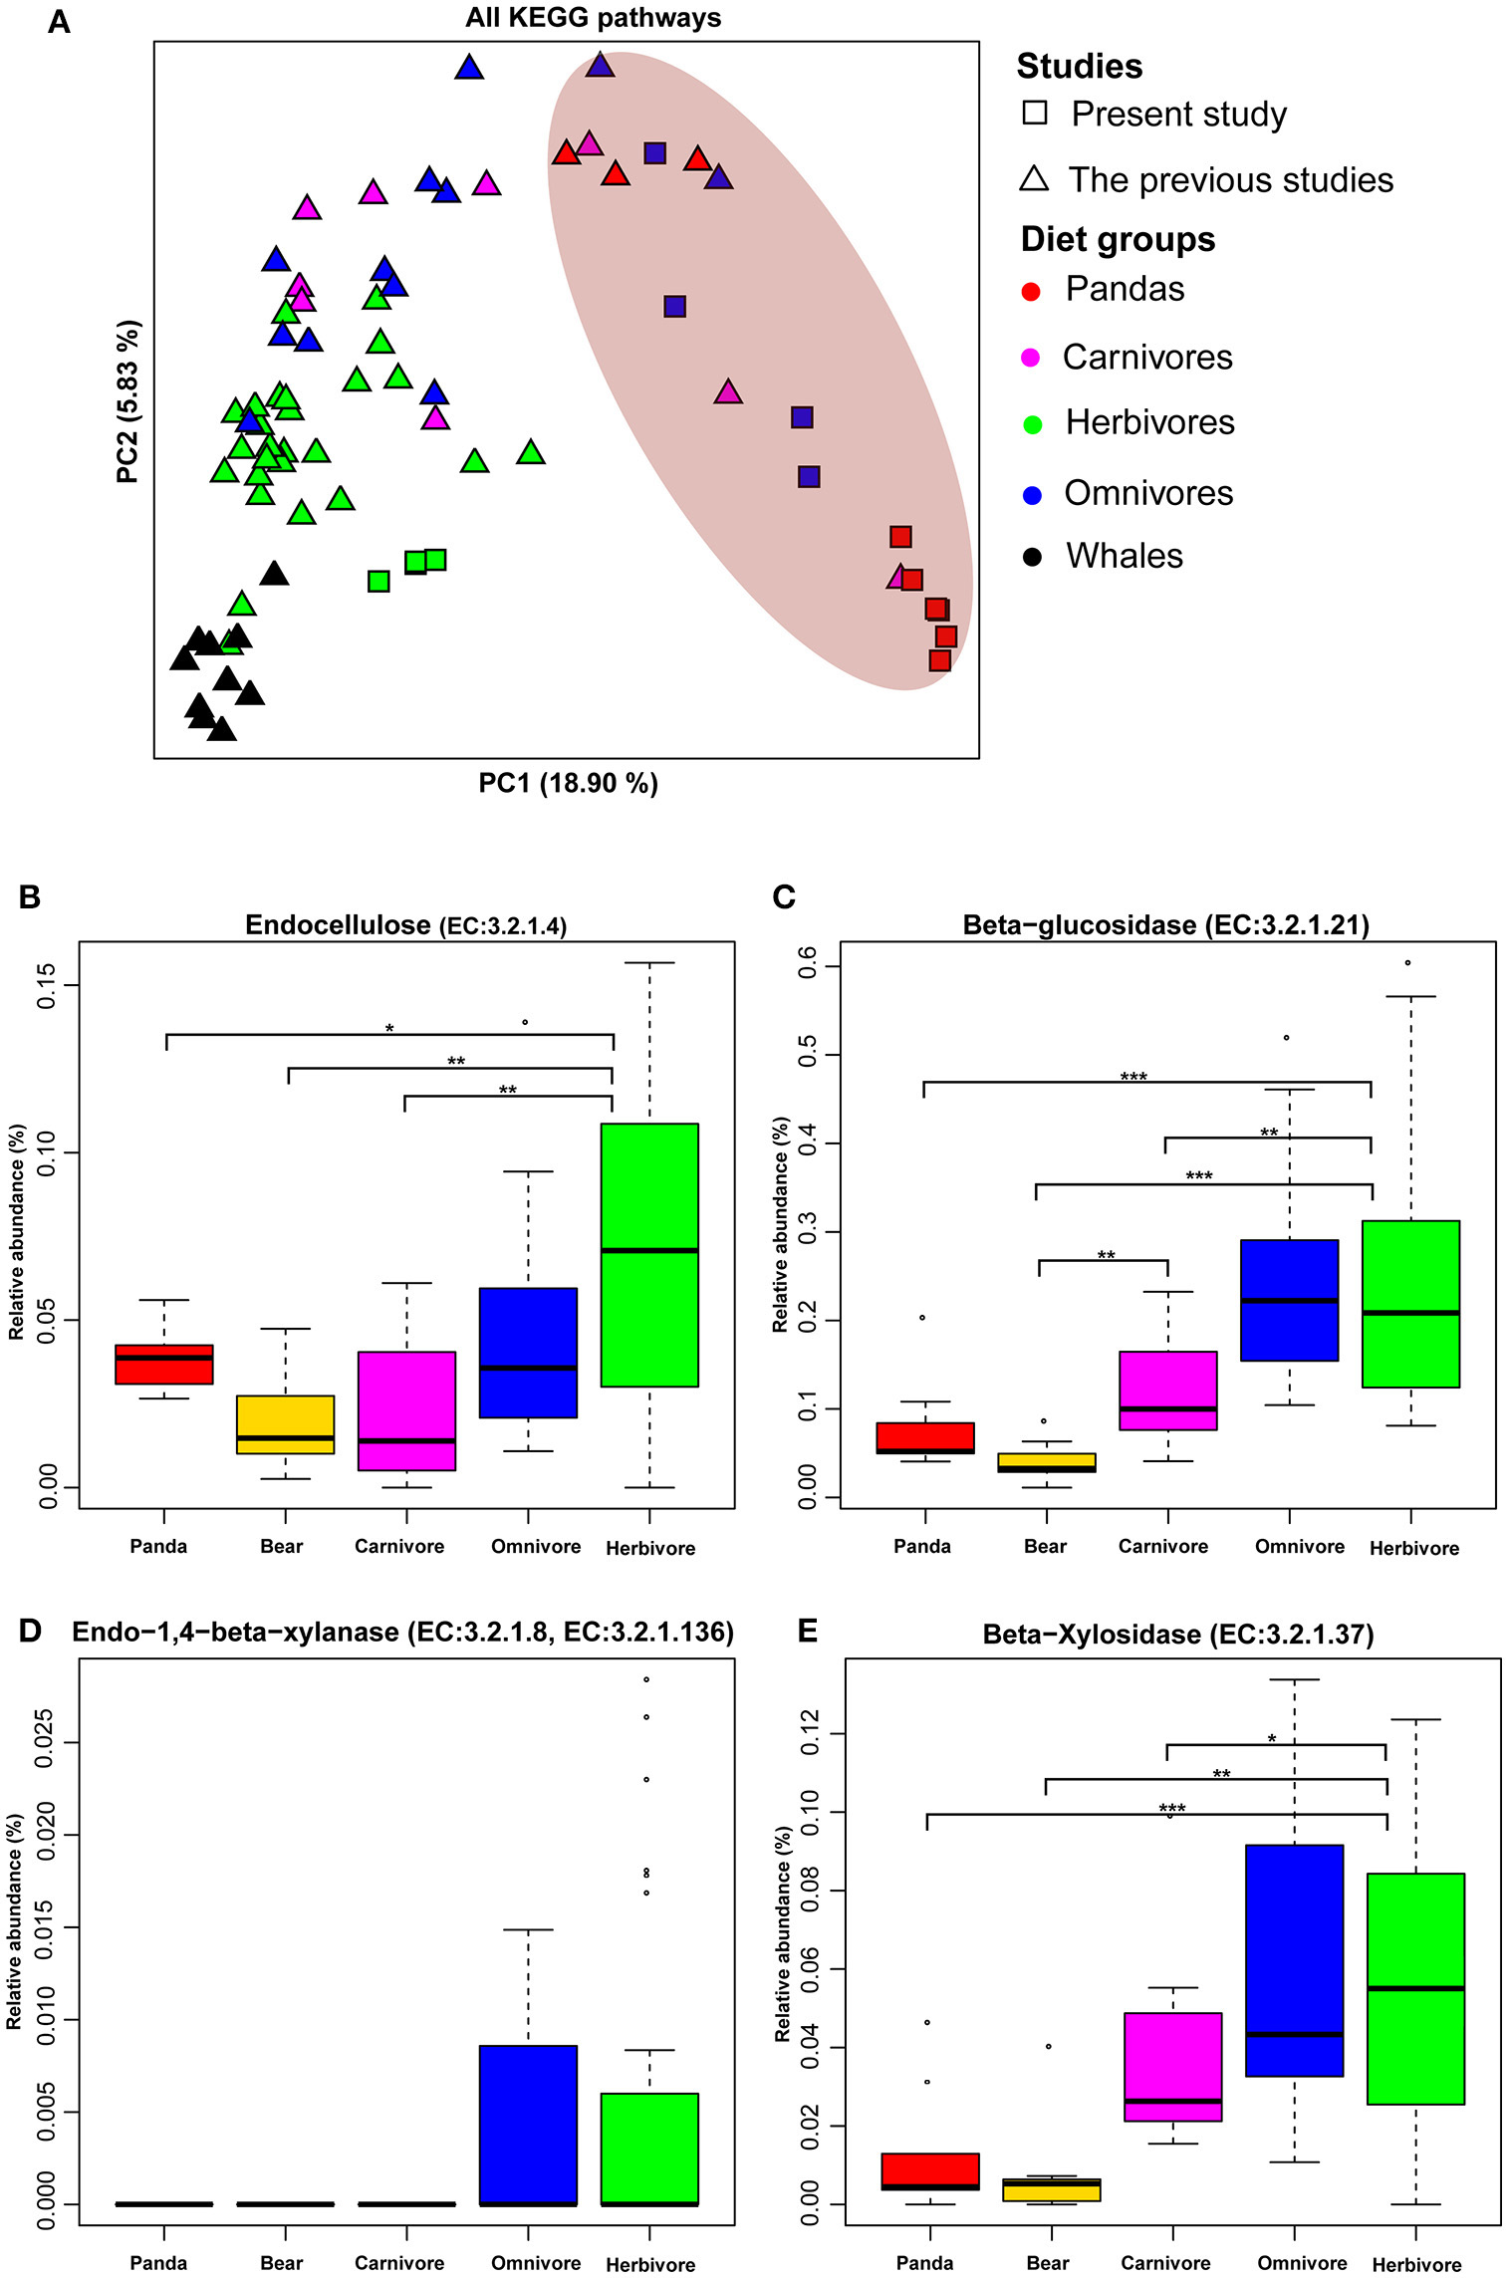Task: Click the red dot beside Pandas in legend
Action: (x=1031, y=291)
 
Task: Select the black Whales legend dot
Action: (x=1032, y=557)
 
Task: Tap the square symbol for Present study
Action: (x=1035, y=113)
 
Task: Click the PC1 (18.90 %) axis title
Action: (x=568, y=783)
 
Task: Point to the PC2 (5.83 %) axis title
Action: (x=128, y=401)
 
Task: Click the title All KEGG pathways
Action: (x=593, y=18)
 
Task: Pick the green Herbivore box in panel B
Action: (x=649, y=1254)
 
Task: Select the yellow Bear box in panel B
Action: (x=286, y=1424)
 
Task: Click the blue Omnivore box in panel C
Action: (x=1289, y=1300)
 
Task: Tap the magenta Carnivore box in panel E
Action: (x=1172, y=2067)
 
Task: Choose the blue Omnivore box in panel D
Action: (x=528, y=2125)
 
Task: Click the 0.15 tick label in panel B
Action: (x=47, y=985)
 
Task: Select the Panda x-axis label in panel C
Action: (x=922, y=1546)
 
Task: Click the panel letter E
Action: (x=808, y=1631)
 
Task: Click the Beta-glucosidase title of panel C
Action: (x=1165, y=925)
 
